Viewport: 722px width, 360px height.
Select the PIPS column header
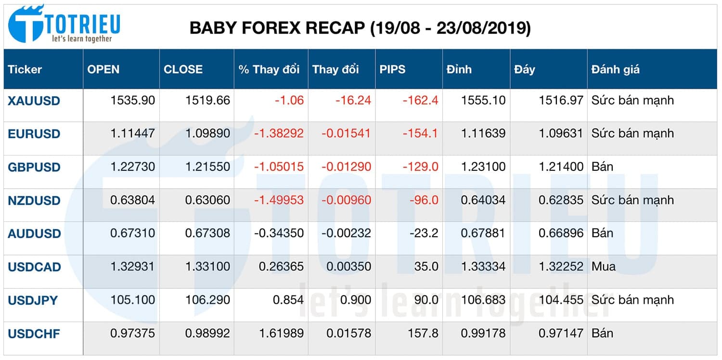(392, 69)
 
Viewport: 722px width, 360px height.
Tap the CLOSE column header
(183, 69)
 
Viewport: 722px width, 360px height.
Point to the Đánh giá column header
(615, 69)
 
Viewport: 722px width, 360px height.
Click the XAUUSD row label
(34, 101)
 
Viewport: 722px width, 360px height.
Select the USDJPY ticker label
(33, 300)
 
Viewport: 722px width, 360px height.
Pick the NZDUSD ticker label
(34, 200)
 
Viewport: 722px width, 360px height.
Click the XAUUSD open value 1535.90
(132, 101)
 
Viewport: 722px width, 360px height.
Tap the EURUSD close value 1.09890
(207, 133)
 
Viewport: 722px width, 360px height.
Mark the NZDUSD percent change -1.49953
(279, 200)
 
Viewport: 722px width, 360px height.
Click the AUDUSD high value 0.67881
(483, 233)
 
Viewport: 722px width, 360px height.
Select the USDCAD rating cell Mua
(604, 267)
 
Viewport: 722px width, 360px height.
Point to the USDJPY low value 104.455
(561, 300)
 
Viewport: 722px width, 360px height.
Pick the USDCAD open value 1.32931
(132, 267)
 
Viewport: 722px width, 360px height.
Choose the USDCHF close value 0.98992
(207, 333)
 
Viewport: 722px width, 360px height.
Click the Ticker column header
(25, 69)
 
